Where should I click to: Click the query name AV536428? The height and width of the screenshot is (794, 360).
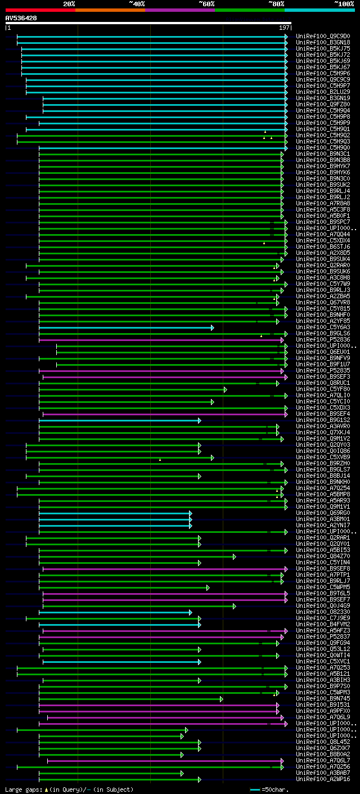coord(21,18)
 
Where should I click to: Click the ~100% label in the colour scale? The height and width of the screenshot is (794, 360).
coord(344,4)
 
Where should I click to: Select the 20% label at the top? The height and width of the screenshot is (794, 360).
coord(69,4)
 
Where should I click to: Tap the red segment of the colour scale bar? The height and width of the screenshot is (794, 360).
coord(40,10)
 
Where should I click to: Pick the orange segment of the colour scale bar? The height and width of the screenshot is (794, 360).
coord(110,10)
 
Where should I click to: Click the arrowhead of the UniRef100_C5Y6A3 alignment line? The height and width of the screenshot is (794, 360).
coord(212,328)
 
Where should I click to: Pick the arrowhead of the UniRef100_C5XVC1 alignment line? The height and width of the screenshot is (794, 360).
coord(199,661)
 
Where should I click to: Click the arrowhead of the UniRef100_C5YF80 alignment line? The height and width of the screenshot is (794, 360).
coord(225,389)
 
